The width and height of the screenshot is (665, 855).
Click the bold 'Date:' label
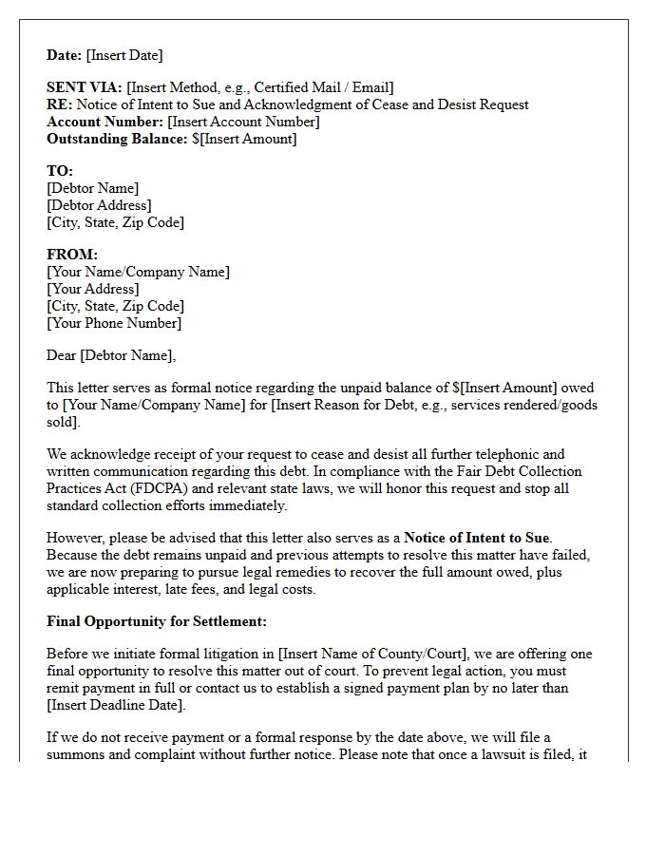tap(65, 55)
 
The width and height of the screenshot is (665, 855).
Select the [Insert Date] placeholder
tap(124, 55)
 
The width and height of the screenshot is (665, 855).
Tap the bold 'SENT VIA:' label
tap(85, 87)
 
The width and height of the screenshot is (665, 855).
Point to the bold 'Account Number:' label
tap(104, 122)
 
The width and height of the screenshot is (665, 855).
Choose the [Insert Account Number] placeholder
tap(243, 122)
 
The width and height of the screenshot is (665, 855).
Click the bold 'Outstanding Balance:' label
tap(117, 139)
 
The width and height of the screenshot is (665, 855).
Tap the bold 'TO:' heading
tap(60, 171)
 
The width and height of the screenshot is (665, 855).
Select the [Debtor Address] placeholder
tap(99, 205)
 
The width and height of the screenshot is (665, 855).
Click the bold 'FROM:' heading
tap(72, 255)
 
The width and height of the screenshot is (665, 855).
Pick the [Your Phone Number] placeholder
tap(114, 323)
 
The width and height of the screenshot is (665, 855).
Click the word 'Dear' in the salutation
tap(62, 355)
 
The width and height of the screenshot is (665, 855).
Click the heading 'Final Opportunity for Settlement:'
tap(157, 621)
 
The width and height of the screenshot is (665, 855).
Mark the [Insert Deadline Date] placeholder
tap(117, 705)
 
